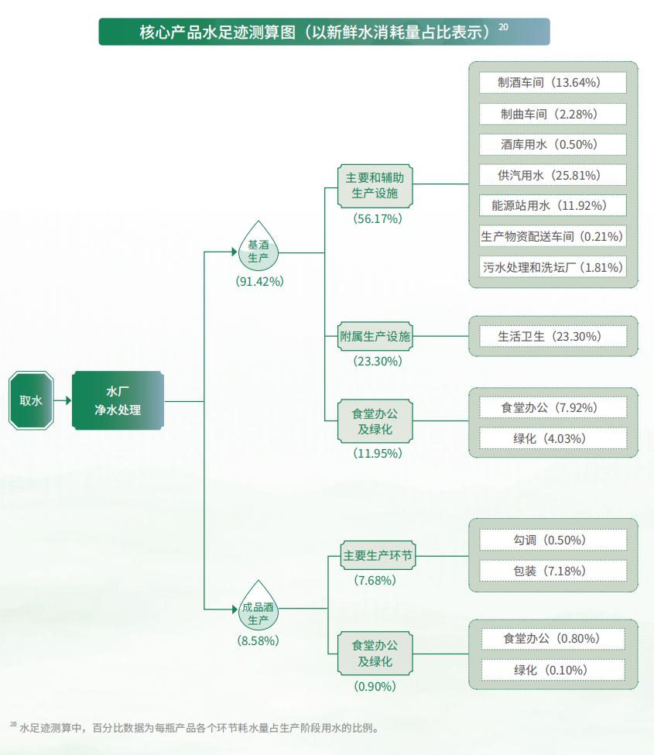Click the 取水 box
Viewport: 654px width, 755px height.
coord(31,400)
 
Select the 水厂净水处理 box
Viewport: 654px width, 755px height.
coord(118,400)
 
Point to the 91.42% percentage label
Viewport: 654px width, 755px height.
coord(260,281)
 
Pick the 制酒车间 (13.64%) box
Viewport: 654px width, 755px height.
coord(552,82)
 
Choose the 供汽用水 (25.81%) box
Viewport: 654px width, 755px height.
coord(552,175)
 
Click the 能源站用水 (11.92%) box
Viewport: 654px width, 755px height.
coord(552,205)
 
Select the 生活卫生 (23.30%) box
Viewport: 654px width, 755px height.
coord(552,336)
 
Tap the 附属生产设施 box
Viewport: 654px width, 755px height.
coord(375,336)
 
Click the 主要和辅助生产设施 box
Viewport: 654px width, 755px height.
coord(375,185)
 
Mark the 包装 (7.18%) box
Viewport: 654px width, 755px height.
coord(552,571)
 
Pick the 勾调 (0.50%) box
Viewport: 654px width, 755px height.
coord(552,540)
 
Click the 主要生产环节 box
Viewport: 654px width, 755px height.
coord(378,556)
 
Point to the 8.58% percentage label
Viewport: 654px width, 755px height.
coord(259,640)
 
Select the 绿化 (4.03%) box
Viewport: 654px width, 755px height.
coord(552,438)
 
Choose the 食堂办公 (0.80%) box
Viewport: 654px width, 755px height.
coord(552,639)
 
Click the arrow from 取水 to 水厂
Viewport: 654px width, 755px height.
coord(63,400)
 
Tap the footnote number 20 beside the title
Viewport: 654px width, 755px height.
coord(503,27)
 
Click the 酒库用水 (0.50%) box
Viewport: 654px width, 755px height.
coord(552,144)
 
